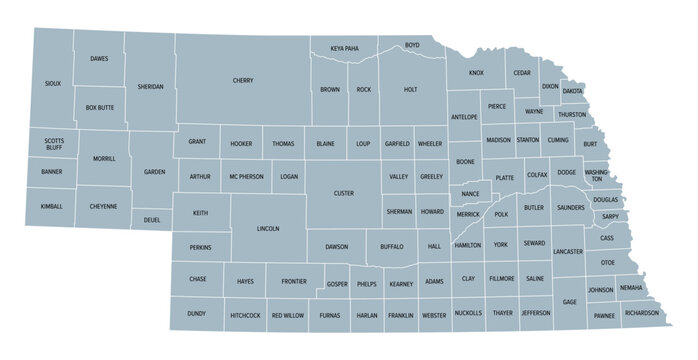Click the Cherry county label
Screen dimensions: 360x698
click(243, 80)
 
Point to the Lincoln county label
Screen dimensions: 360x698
click(268, 229)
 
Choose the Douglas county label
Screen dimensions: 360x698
click(605, 200)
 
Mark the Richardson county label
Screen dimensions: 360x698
click(641, 313)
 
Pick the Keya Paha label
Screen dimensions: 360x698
click(344, 48)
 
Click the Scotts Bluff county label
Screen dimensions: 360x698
click(54, 144)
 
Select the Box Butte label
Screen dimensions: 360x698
click(99, 107)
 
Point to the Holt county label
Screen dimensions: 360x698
click(410, 90)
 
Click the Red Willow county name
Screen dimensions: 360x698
click(287, 315)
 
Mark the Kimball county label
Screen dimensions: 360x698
click(52, 207)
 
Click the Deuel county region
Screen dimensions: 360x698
click(152, 220)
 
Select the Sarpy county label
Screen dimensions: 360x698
click(610, 216)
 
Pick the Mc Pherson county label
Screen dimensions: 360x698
click(245, 177)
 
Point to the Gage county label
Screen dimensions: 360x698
click(569, 302)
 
